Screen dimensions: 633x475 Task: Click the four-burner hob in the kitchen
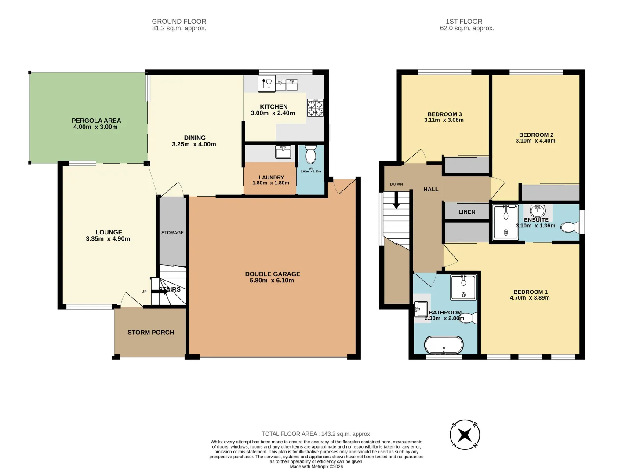pyautogui.click(x=315, y=108)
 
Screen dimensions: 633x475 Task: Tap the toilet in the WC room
pyautogui.click(x=311, y=154)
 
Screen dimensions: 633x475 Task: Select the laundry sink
pyautogui.click(x=283, y=152)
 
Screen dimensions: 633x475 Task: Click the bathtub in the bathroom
pyautogui.click(x=444, y=345)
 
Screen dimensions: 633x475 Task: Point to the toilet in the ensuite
pyautogui.click(x=570, y=227)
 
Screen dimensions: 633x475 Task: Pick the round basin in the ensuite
pyautogui.click(x=538, y=211)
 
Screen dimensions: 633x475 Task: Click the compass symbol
pyautogui.click(x=465, y=435)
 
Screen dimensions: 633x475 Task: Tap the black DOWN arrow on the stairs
pyautogui.click(x=396, y=200)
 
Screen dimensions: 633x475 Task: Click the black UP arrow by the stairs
pyautogui.click(x=160, y=292)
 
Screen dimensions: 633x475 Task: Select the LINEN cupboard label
pyautogui.click(x=466, y=212)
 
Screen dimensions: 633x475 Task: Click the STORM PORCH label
pyautogui.click(x=150, y=332)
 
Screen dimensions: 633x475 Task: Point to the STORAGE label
pyautogui.click(x=172, y=233)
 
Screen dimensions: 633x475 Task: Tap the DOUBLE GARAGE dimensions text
pyautogui.click(x=272, y=280)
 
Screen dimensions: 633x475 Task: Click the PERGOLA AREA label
pyautogui.click(x=96, y=121)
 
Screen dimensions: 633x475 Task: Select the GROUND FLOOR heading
pyautogui.click(x=179, y=22)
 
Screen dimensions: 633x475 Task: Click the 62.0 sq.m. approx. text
pyautogui.click(x=467, y=28)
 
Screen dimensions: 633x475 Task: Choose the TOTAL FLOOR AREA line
pyautogui.click(x=316, y=434)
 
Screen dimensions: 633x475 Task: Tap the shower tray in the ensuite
pyautogui.click(x=506, y=222)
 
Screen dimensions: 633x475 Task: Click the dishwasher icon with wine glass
pyautogui.click(x=267, y=84)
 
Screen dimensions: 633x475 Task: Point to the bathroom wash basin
pyautogui.click(x=421, y=309)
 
